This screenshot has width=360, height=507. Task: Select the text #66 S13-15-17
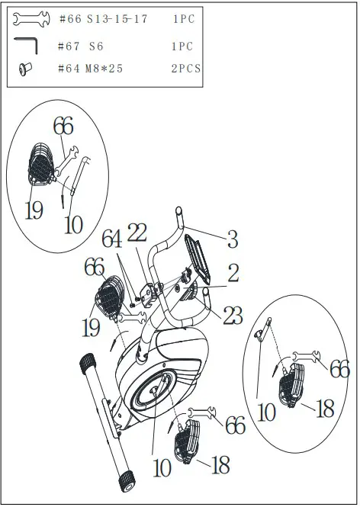tap(102, 19)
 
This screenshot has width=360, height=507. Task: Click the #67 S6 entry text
tap(79, 47)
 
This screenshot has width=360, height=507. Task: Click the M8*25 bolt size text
tap(103, 69)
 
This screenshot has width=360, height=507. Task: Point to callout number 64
tap(112, 240)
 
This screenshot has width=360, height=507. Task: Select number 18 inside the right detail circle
tap(325, 408)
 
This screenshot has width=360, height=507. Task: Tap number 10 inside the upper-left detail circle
tap(73, 225)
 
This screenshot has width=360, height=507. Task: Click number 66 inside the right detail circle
tap(339, 370)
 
